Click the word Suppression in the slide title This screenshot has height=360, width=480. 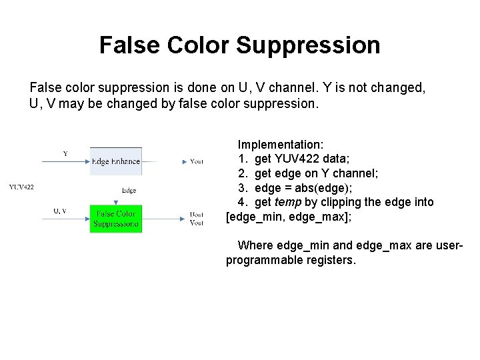(x=308, y=45)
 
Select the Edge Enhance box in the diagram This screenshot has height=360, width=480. (x=116, y=161)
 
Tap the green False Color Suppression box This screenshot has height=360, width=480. (x=116, y=218)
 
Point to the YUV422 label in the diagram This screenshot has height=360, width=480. (x=22, y=187)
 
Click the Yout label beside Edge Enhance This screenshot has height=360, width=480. (x=197, y=161)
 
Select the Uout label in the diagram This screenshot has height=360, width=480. (x=197, y=215)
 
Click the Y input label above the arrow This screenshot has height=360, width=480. (x=65, y=154)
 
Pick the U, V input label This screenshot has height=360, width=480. (x=60, y=211)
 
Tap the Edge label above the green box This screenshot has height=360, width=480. (x=129, y=191)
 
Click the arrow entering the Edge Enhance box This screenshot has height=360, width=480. (x=67, y=161)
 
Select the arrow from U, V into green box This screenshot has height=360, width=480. (x=67, y=217)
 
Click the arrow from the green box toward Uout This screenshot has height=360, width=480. (x=163, y=217)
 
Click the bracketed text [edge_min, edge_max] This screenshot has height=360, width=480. (x=288, y=217)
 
